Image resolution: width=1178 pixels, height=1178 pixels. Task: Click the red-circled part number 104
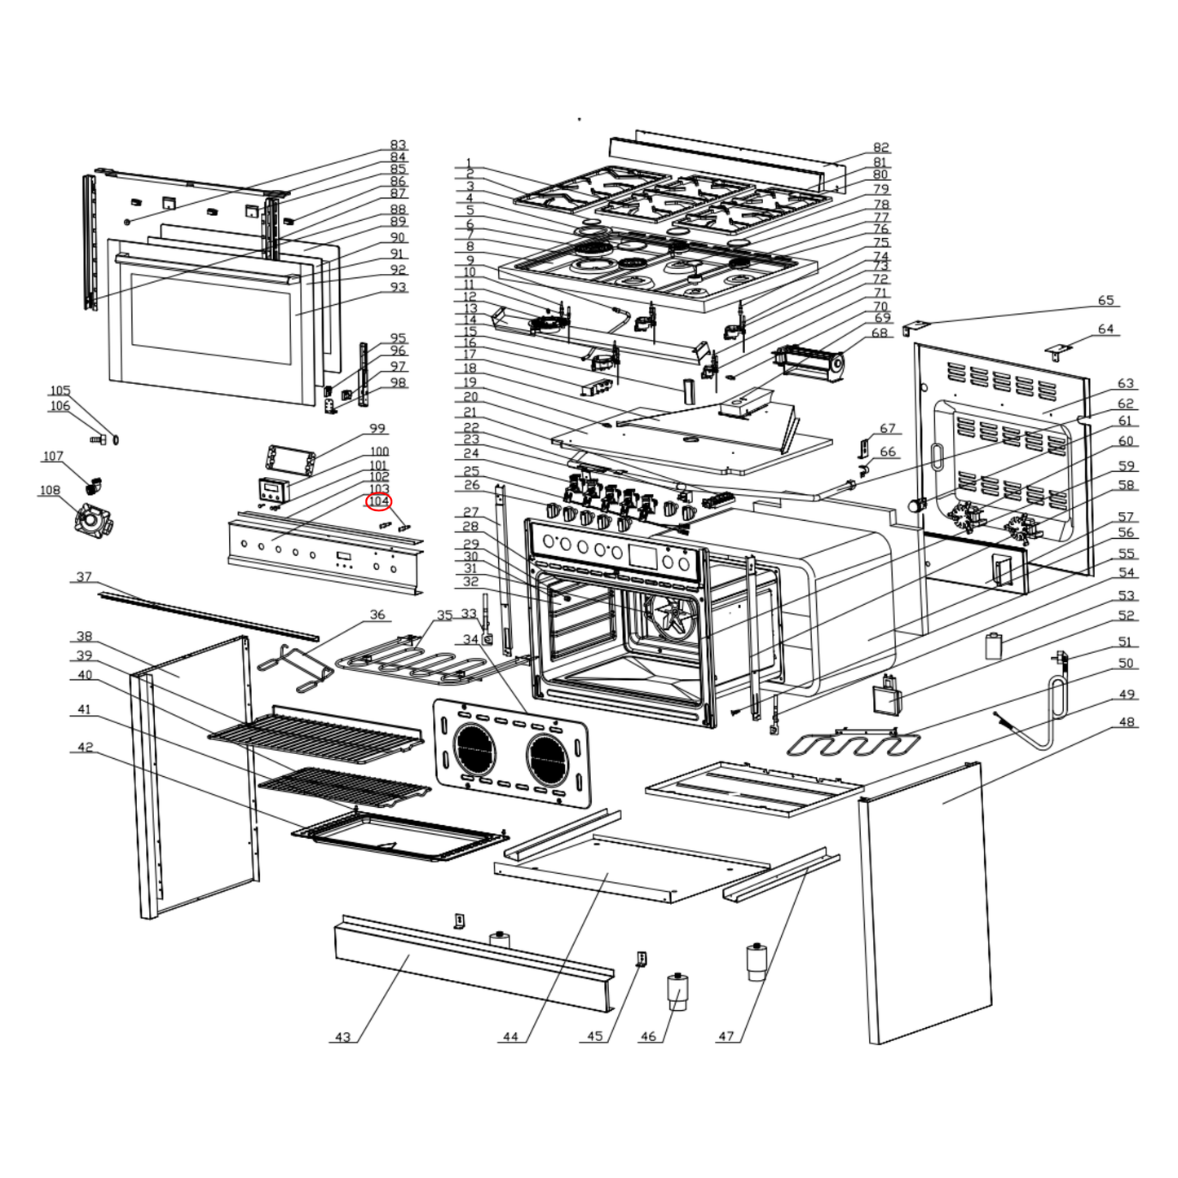tap(379, 501)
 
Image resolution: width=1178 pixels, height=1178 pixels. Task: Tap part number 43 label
tap(342, 1037)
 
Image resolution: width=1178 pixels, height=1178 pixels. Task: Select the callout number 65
tap(1105, 301)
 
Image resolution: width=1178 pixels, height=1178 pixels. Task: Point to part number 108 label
tap(50, 491)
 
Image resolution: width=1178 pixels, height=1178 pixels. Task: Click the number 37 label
tap(84, 577)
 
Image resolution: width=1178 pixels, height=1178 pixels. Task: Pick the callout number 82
tap(880, 148)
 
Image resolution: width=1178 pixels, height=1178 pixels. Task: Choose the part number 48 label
tap(1127, 722)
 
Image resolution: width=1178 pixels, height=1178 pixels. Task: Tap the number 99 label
tap(377, 429)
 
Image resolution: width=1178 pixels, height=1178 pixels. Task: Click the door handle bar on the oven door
tap(204, 267)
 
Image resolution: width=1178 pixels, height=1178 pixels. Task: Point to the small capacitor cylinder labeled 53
tap(993, 646)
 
